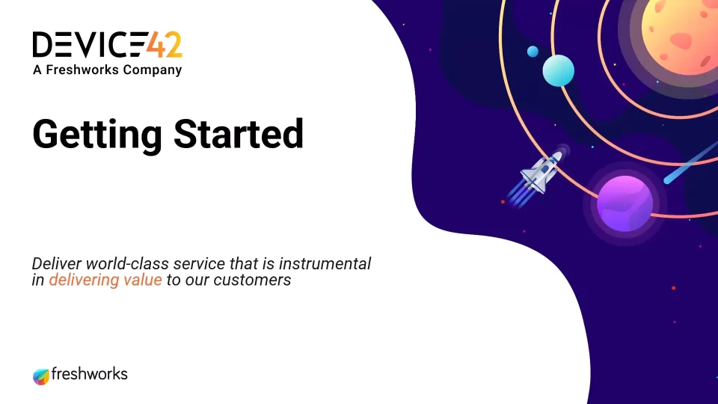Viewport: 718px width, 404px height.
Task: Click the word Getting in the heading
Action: (97, 135)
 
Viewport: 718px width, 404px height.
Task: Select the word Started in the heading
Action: (239, 134)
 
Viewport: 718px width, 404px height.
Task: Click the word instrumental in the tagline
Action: (325, 264)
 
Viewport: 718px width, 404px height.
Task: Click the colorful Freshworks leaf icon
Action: (40, 376)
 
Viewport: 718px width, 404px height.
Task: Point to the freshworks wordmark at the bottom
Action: (89, 374)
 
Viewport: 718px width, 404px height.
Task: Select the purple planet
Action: (625, 203)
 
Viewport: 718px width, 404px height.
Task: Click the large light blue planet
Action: (558, 70)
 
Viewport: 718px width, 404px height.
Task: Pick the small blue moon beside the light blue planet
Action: (533, 52)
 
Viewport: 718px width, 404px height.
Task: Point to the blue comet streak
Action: (690, 163)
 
